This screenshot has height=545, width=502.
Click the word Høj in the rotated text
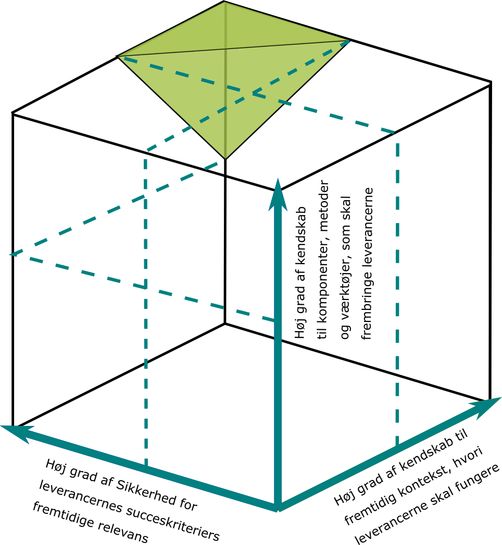pyautogui.click(x=300, y=329)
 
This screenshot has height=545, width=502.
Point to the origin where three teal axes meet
pyautogui.click(x=278, y=507)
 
